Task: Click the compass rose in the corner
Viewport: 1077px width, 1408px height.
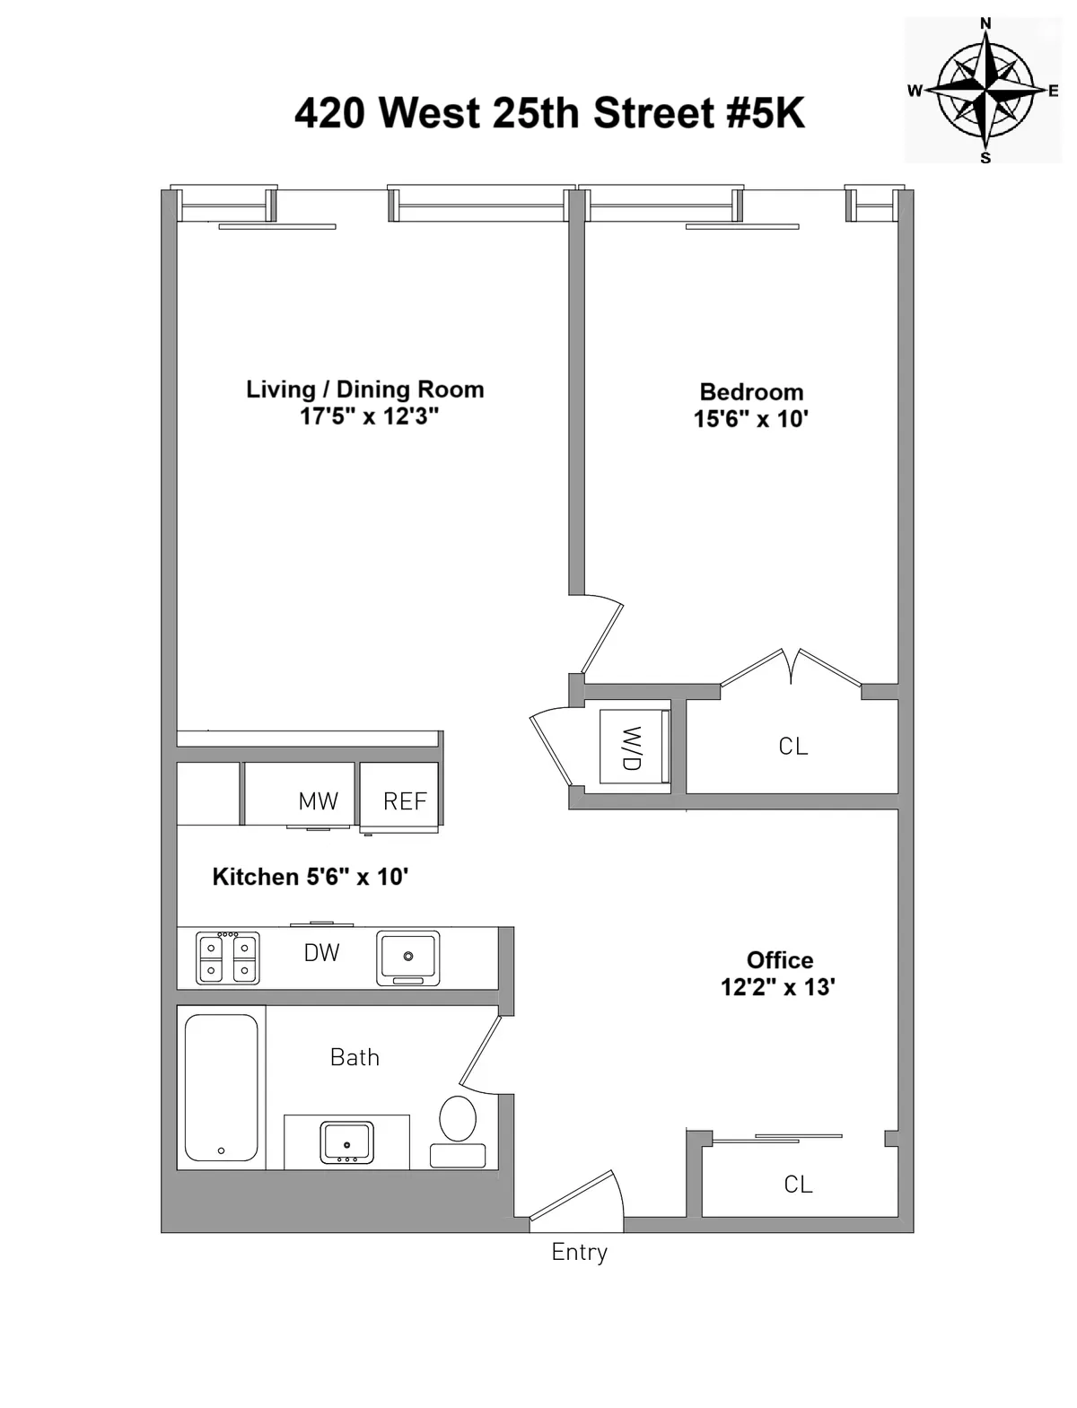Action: pos(985,90)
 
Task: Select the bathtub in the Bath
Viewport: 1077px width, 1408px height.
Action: pos(221,1088)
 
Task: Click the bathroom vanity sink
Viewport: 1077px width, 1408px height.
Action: pos(346,1142)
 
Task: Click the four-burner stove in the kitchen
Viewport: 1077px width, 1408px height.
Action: pos(227,958)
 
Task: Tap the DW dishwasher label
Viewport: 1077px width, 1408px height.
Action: pos(321,953)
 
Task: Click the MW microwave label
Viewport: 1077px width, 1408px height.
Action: pos(318,801)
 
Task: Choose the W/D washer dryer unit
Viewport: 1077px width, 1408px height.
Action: pos(635,748)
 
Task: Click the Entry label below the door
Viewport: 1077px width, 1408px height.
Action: pos(579,1252)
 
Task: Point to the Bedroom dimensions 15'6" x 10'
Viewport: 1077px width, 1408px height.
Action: pos(751,419)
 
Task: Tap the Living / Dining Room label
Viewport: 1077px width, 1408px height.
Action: pos(365,389)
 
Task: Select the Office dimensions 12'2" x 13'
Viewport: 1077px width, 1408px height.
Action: pos(778,987)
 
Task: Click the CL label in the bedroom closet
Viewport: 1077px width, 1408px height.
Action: pos(793,746)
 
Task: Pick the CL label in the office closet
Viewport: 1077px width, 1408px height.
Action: pos(798,1185)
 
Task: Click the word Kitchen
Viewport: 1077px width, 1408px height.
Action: pos(243,877)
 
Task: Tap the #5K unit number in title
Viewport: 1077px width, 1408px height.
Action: pos(763,114)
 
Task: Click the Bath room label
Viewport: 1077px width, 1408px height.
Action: pos(355,1057)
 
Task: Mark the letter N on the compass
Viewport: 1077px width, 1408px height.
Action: pos(985,23)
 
